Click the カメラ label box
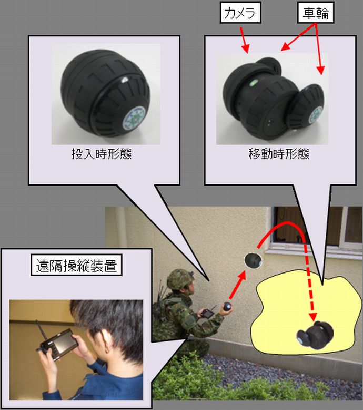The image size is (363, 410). coord(240,13)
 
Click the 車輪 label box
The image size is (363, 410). coord(316,13)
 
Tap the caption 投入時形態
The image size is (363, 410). coord(102,154)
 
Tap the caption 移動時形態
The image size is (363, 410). coord(279,154)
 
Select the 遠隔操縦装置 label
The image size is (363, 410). coord(76,265)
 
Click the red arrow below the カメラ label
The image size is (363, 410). coord(244,40)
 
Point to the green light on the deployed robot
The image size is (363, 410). coord(253,83)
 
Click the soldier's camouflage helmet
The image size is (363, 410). coord(180,279)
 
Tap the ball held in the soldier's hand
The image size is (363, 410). coord(228,306)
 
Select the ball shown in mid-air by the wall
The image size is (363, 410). coord(253,260)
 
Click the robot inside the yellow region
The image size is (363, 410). coord(315,335)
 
